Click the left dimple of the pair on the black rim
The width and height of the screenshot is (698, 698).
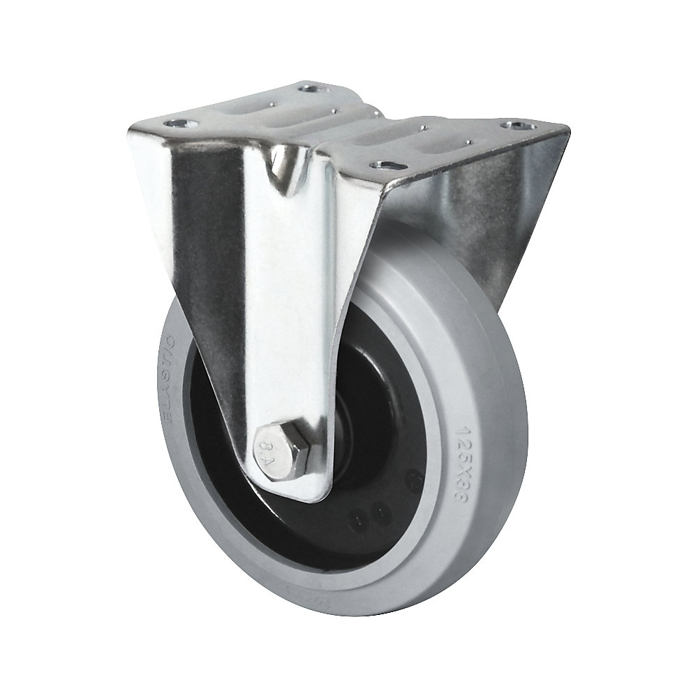(362, 519)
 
